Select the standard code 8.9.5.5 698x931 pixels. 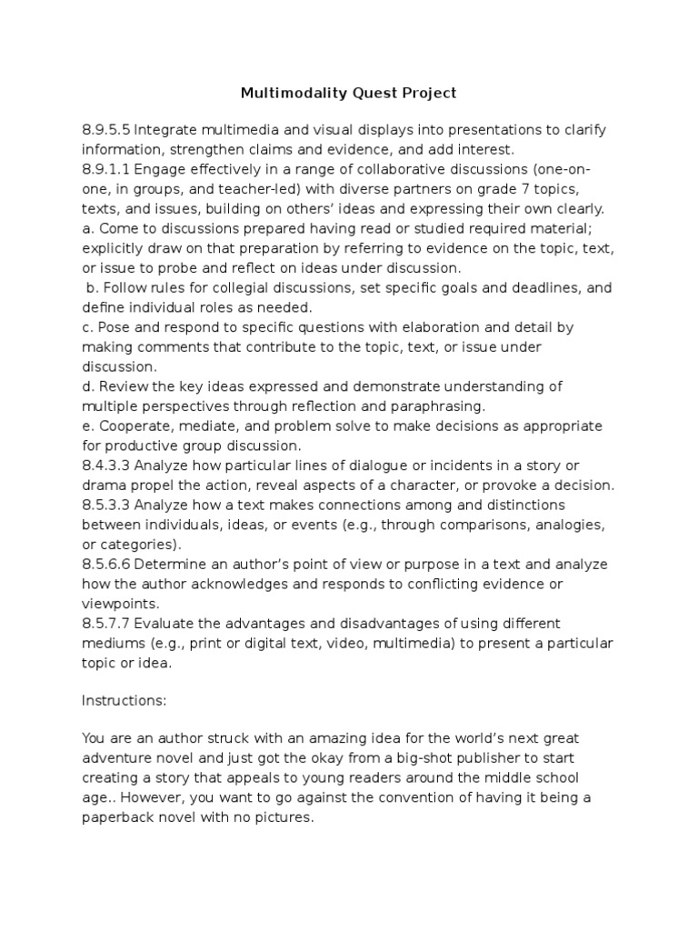pos(107,130)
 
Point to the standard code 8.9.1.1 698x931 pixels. pos(107,169)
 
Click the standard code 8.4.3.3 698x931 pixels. pos(107,465)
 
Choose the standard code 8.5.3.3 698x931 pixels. pos(107,505)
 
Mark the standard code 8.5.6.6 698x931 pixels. pos(107,565)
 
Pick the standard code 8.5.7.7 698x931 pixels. pos(107,624)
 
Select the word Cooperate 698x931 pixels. pos(130,426)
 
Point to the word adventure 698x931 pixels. pos(120,758)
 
